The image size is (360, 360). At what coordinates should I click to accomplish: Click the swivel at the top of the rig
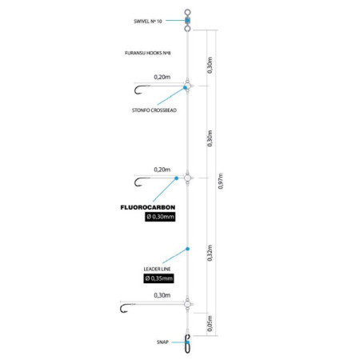tap(187, 20)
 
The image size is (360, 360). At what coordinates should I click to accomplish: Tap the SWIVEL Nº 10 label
tap(148, 22)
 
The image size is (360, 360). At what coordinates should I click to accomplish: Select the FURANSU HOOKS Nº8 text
tap(148, 53)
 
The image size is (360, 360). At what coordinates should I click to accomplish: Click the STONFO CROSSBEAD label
tap(154, 110)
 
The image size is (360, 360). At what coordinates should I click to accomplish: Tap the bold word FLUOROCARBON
tap(148, 207)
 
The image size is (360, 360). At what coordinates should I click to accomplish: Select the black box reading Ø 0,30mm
tap(160, 217)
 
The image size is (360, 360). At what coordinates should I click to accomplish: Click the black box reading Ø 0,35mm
tap(158, 278)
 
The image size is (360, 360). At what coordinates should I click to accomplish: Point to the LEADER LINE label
tap(157, 269)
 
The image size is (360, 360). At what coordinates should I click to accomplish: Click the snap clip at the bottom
tap(187, 344)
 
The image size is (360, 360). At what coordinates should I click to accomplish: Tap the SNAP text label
tap(162, 342)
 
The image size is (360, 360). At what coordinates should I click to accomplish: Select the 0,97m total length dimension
tap(221, 181)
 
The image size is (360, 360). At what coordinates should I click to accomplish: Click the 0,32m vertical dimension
tap(210, 253)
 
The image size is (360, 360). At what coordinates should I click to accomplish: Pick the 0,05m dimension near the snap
tap(210, 323)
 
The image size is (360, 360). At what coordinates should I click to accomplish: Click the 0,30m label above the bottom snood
tap(162, 295)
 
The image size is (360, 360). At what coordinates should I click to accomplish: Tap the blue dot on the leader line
tap(187, 249)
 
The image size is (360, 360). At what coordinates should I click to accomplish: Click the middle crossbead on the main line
tap(187, 178)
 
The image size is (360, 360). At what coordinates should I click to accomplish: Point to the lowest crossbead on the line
tap(187, 304)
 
